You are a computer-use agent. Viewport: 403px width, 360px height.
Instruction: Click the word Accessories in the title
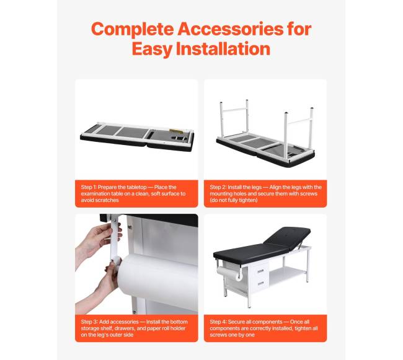tap(230, 29)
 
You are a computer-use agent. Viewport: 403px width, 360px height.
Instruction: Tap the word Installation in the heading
tap(223, 49)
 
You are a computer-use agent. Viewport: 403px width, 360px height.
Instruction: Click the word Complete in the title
tap(133, 30)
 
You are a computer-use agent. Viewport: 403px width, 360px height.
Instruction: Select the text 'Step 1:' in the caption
tap(89, 187)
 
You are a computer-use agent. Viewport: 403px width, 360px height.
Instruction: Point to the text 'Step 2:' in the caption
tap(218, 187)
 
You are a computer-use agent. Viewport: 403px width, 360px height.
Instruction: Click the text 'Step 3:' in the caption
tap(89, 322)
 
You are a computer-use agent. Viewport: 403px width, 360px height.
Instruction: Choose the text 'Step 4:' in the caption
tap(218, 322)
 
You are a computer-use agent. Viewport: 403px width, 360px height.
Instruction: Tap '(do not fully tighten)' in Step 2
tap(234, 200)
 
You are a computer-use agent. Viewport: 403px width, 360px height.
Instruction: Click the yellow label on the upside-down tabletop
tap(176, 131)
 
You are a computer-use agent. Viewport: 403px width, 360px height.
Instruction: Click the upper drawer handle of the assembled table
tap(260, 271)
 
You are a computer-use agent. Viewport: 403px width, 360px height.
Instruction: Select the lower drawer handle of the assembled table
tap(260, 283)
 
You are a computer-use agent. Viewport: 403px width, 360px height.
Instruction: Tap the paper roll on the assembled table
tap(229, 273)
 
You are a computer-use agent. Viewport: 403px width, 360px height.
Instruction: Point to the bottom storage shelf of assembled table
tap(287, 274)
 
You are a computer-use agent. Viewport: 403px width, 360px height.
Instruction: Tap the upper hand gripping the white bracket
tap(99, 239)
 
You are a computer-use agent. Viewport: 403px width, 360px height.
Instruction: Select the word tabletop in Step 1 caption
tap(135, 188)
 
